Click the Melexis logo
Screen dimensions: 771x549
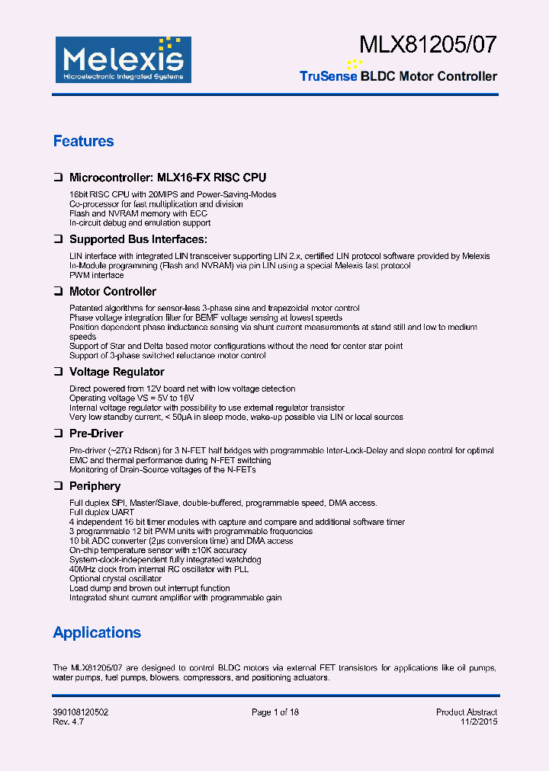(x=121, y=59)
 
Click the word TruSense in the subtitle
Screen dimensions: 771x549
(x=328, y=76)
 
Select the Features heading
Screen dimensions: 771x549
(x=83, y=141)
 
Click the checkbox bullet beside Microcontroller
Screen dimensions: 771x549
(x=57, y=178)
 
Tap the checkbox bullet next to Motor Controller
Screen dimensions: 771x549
(x=57, y=292)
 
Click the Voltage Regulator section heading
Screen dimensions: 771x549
(x=117, y=372)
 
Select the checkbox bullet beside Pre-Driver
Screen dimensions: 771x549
(x=57, y=433)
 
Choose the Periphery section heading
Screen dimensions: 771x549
(x=95, y=486)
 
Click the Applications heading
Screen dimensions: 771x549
(x=97, y=632)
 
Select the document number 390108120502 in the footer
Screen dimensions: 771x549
(x=80, y=712)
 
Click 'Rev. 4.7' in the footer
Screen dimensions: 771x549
(x=68, y=721)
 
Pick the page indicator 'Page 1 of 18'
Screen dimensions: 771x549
(x=275, y=712)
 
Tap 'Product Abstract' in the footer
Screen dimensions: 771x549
(x=466, y=712)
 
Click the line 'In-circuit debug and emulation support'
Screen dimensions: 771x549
(x=140, y=222)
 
